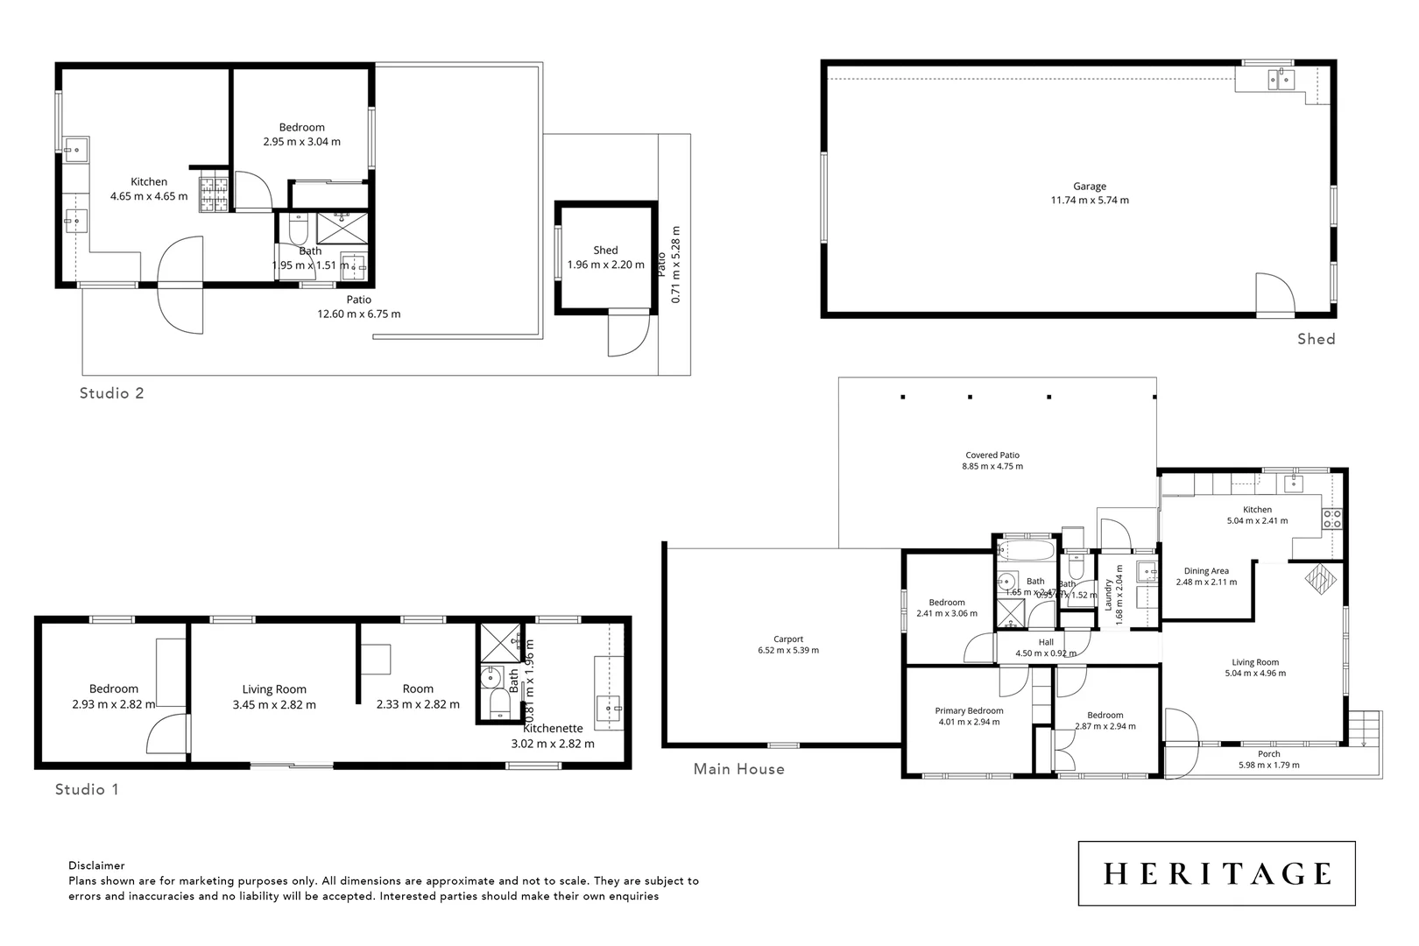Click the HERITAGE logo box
(x=1216, y=873)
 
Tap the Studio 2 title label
(x=111, y=393)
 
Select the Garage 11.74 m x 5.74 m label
(x=1090, y=194)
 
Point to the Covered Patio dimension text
(x=992, y=467)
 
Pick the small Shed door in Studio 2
(x=628, y=335)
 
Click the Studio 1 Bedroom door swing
(x=169, y=735)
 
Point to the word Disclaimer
(x=96, y=865)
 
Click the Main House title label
(x=738, y=769)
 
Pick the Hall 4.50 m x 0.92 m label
(x=1046, y=647)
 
